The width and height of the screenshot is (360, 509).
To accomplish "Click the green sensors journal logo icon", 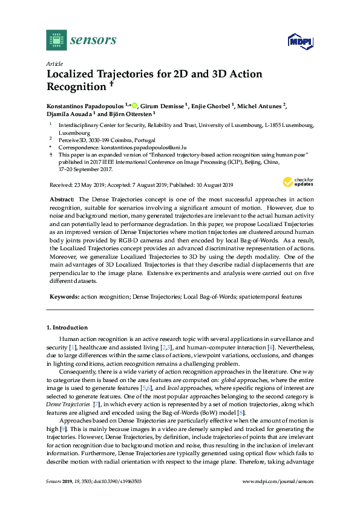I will tap(56, 40).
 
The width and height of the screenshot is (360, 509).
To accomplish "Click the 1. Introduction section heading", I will tap(67, 327).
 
